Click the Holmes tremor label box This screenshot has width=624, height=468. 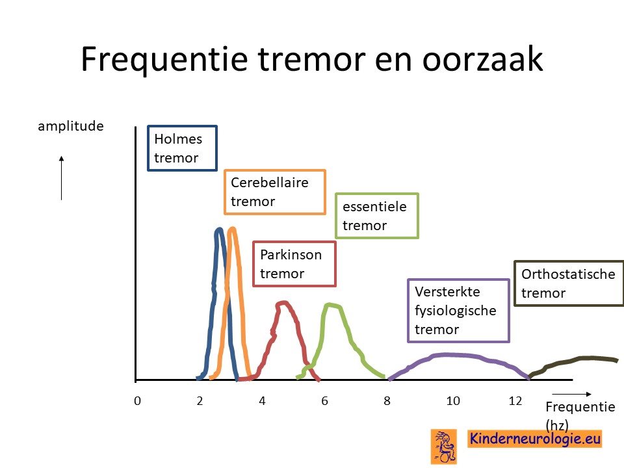click(x=182, y=148)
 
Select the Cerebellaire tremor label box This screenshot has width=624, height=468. click(x=275, y=192)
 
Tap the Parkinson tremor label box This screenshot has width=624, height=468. click(x=294, y=264)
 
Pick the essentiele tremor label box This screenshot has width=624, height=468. click(x=377, y=216)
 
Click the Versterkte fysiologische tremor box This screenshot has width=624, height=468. click(x=458, y=311)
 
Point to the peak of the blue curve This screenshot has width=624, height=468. click(x=219, y=229)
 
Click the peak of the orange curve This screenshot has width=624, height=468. click(x=233, y=228)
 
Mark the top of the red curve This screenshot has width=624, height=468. click(x=283, y=302)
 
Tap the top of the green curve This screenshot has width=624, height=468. click(x=331, y=305)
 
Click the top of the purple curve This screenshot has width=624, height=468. click(x=450, y=354)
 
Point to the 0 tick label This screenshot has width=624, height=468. click(x=137, y=401)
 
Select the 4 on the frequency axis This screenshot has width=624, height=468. click(x=262, y=401)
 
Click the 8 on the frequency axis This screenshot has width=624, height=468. click(x=387, y=401)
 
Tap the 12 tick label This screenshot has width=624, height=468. click(x=515, y=401)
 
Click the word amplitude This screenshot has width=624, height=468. click(x=71, y=126)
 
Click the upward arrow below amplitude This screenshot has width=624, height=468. click(x=61, y=178)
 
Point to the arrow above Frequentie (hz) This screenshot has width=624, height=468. click(x=572, y=394)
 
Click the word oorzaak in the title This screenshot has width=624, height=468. click(x=482, y=59)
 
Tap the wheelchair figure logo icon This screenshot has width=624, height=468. click(x=444, y=447)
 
